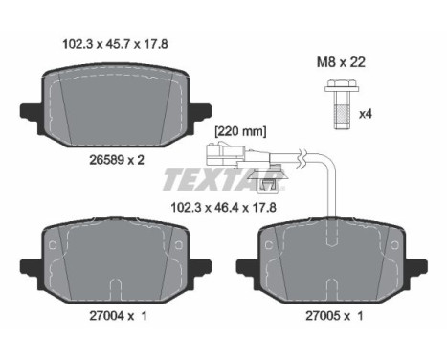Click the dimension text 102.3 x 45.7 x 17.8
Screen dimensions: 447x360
tap(115, 44)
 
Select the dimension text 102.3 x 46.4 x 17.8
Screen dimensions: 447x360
tap(223, 208)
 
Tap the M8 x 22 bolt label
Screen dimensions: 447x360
tap(341, 62)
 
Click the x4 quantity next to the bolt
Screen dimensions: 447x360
tap(366, 114)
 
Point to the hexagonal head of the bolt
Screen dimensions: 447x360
tap(342, 85)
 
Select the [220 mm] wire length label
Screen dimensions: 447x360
tap(240, 131)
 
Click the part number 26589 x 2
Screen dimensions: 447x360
tap(117, 160)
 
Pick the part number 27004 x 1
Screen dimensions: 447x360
tap(118, 316)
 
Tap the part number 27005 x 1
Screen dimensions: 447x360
tap(334, 316)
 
